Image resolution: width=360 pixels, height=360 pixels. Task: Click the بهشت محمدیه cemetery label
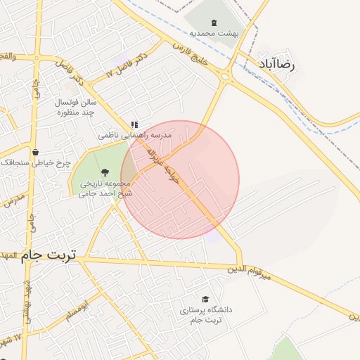pyautogui.click(x=214, y=32)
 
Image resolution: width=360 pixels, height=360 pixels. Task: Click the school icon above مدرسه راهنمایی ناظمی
pyautogui.click(x=134, y=124)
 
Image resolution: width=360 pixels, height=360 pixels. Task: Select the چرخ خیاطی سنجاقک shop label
pyautogui.click(x=37, y=162)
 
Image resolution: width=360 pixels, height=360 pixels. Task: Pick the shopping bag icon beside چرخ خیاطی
pyautogui.click(x=35, y=151)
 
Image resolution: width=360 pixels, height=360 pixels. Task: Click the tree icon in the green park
pyautogui.click(x=105, y=171)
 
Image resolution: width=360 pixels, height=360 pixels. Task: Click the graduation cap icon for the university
pyautogui.click(x=205, y=299)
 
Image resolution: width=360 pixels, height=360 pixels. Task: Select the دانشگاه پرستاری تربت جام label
pyautogui.click(x=205, y=314)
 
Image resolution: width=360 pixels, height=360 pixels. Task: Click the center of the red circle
pyautogui.click(x=180, y=179)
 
